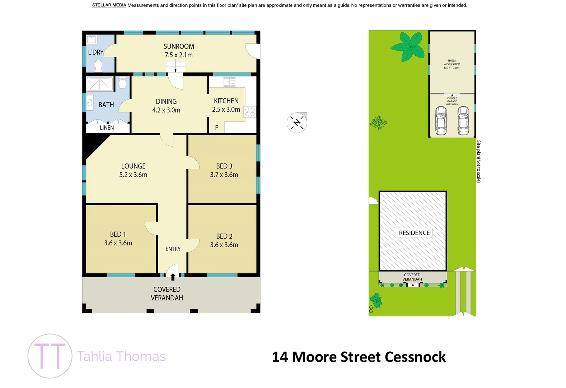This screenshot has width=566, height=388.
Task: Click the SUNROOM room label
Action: click(179, 46)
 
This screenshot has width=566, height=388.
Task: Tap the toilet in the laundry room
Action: click(98, 65)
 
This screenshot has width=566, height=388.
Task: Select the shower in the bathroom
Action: click(100, 84)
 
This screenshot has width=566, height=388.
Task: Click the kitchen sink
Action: click(229, 82)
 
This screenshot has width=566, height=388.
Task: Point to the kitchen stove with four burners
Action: click(250, 112)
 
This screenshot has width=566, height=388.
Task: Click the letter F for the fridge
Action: click(216, 128)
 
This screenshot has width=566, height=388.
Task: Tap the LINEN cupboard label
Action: click(107, 128)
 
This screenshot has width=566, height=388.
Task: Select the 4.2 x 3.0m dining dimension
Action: click(166, 110)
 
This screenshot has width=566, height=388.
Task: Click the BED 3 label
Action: click(224, 166)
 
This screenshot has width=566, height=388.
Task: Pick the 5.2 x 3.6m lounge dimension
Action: click(133, 175)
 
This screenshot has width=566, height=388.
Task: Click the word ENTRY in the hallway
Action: click(173, 249)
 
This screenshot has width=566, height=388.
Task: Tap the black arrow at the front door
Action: click(173, 277)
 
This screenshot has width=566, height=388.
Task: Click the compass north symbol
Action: click(297, 123)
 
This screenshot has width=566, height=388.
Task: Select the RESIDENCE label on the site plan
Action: click(414, 233)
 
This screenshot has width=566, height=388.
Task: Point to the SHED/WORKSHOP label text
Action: click(452, 64)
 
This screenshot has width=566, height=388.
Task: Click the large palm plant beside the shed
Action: click(409, 47)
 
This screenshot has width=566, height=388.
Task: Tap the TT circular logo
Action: click(50, 356)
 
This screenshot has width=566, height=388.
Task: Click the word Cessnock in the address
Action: click(415, 357)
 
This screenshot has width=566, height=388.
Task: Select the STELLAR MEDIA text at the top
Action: click(109, 5)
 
